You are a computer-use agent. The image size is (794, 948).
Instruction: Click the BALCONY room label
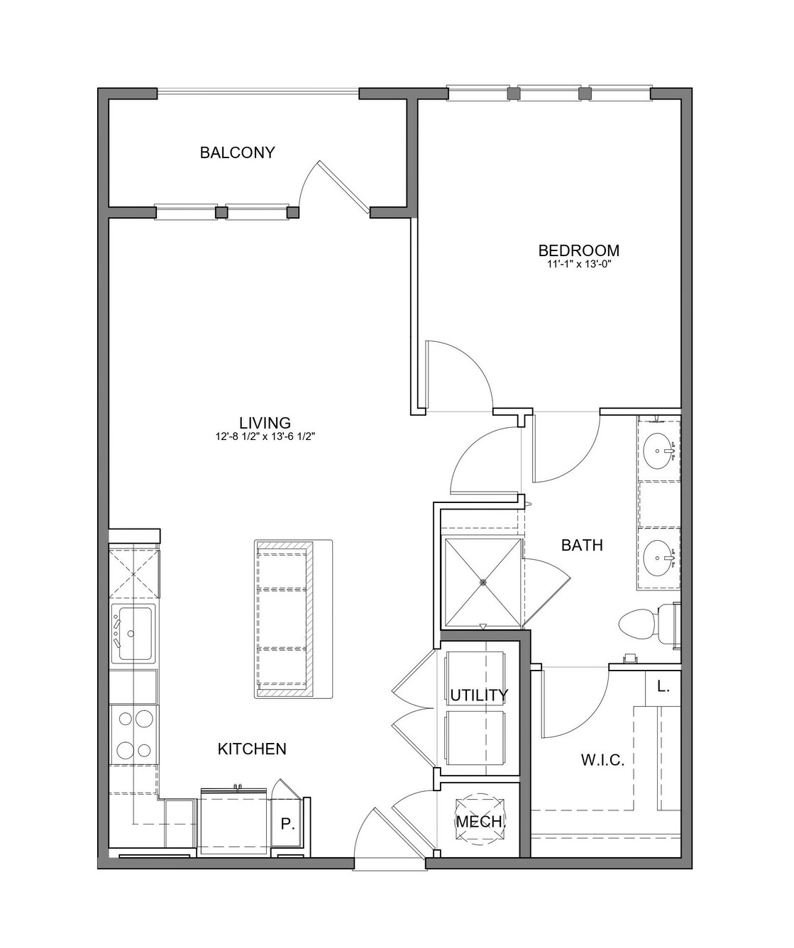(x=238, y=153)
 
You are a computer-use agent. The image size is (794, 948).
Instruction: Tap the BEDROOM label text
(x=578, y=250)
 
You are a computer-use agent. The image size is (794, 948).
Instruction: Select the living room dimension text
(x=265, y=437)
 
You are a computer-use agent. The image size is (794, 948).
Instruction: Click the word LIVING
(x=265, y=423)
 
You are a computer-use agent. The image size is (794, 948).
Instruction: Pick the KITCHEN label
(x=252, y=749)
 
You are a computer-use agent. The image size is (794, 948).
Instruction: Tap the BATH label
(x=582, y=545)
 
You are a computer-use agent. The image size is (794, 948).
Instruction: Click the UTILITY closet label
(x=479, y=695)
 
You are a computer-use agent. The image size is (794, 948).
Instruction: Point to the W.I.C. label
(x=603, y=759)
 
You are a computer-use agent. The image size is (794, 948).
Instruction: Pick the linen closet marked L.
(x=663, y=687)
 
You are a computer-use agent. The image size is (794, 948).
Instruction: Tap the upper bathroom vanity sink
(x=659, y=451)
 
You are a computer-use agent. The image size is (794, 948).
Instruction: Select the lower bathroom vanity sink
(x=659, y=557)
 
